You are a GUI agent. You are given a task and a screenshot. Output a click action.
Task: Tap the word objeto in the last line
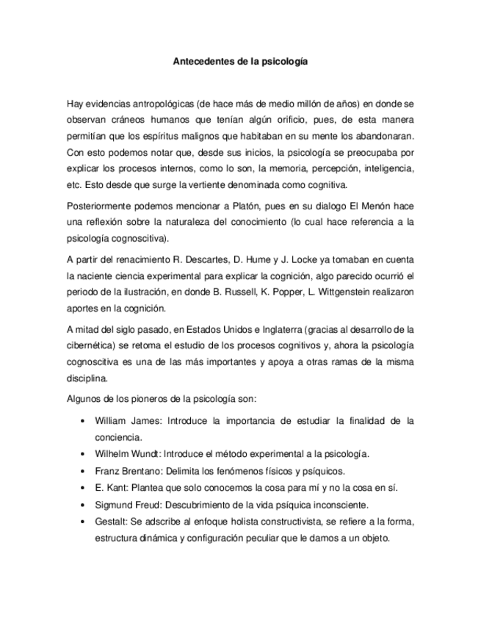(372, 537)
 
